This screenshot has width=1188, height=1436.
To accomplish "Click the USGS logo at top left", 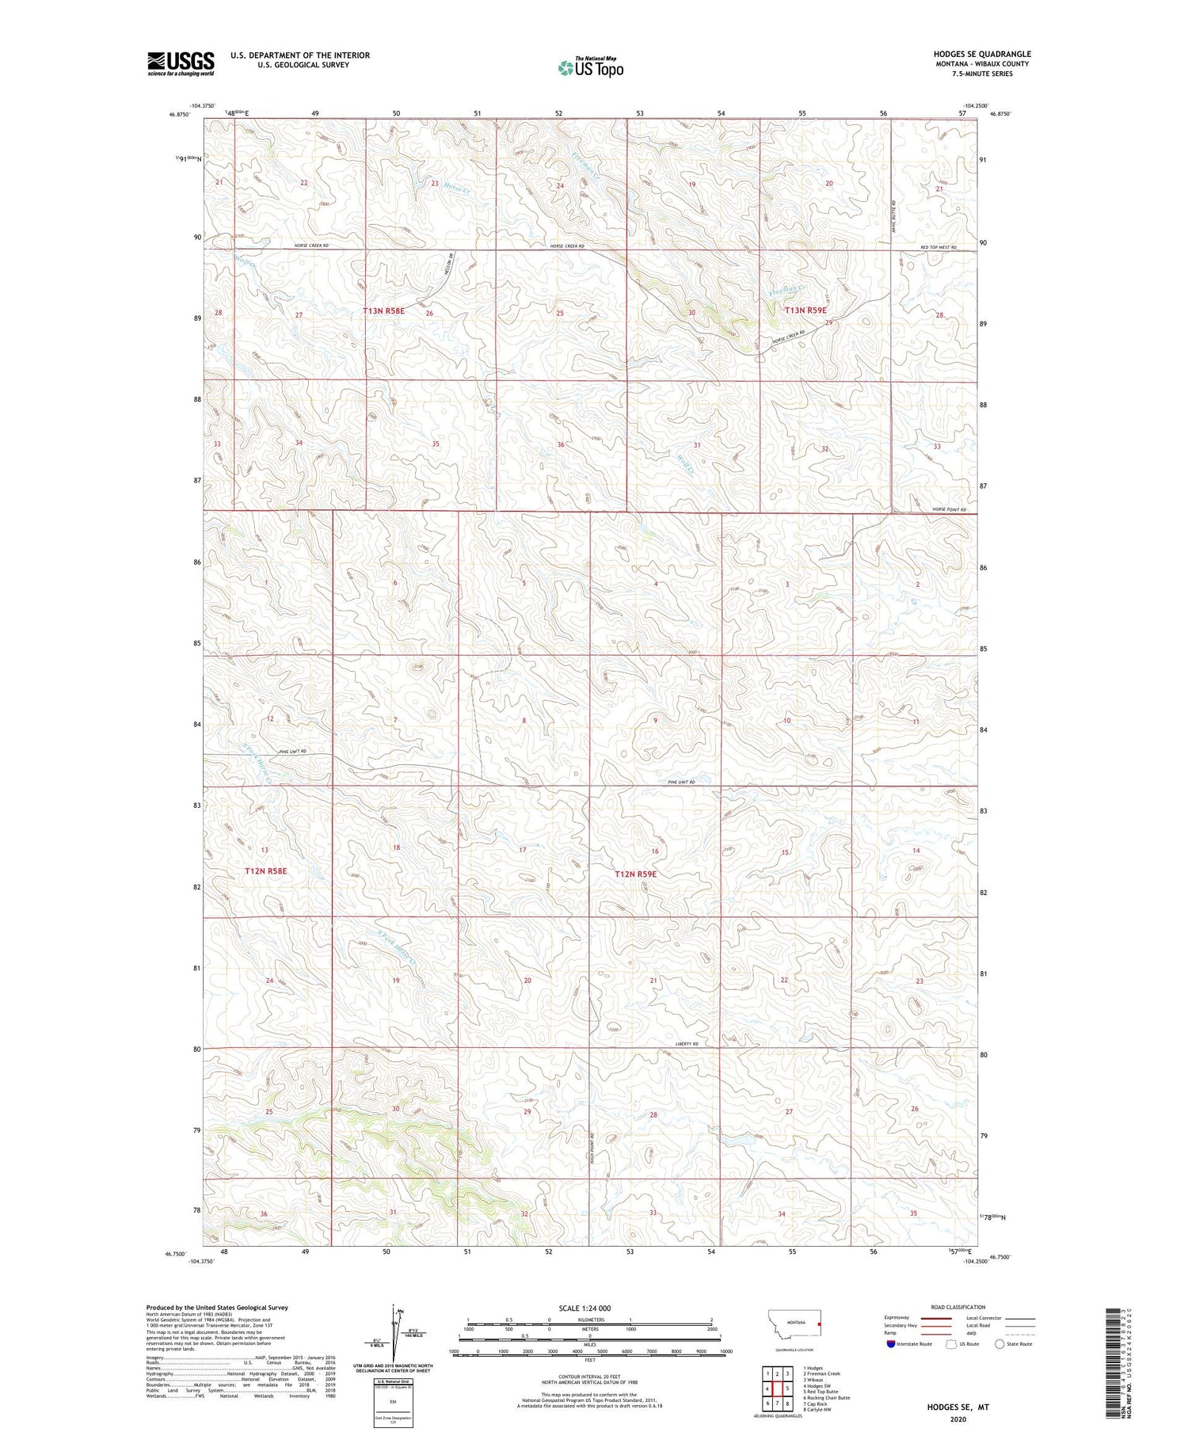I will click(181, 63).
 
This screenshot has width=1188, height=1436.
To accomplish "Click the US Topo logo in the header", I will click(590, 68).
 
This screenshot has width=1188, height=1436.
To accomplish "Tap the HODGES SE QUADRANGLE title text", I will click(981, 54).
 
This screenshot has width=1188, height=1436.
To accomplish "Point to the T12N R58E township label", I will click(265, 870).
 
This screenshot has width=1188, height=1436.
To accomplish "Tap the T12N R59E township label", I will click(636, 874).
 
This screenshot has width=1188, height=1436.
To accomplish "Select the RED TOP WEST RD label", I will click(939, 247).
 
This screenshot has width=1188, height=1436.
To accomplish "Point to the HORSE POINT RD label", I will click(950, 509).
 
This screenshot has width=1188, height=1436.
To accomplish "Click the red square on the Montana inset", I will click(820, 1324).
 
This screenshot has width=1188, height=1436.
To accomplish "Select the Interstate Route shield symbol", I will click(891, 1344).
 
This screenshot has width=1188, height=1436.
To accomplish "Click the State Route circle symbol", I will click(1000, 1344).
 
